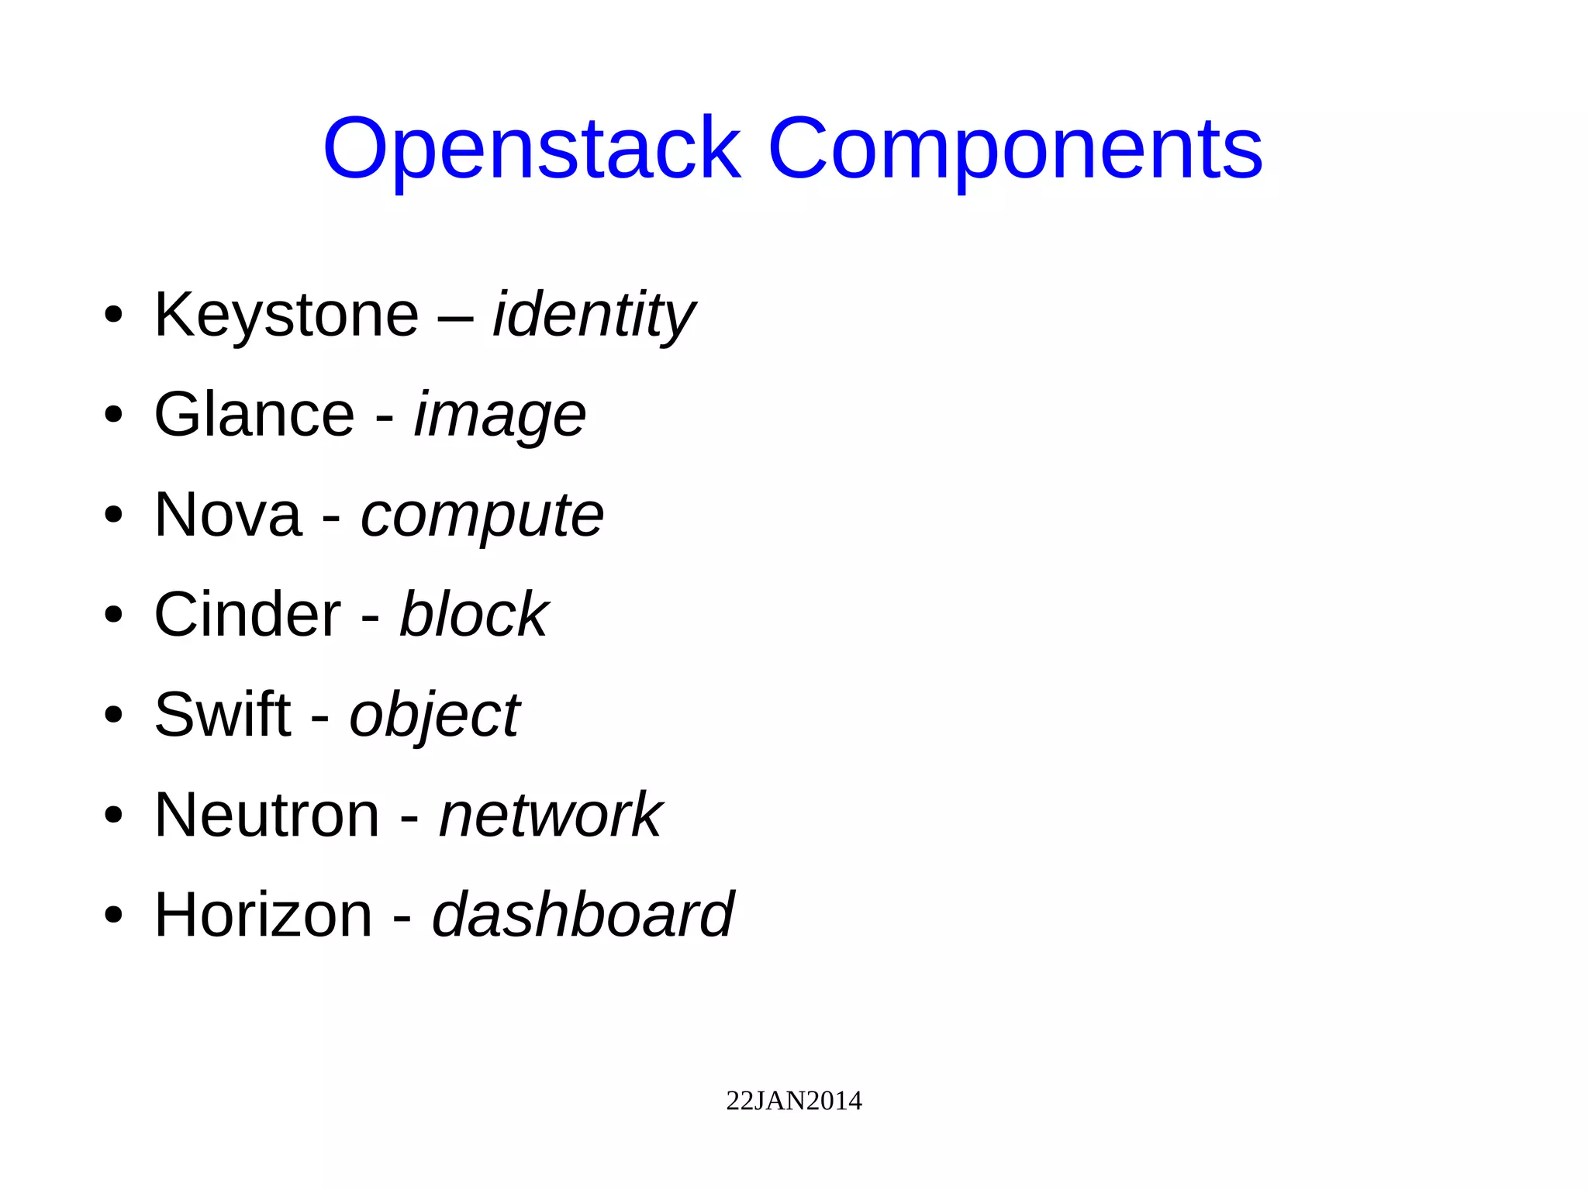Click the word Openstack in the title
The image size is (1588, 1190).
coord(532,149)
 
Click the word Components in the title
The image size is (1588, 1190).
coord(1015,149)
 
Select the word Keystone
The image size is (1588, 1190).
coord(286,315)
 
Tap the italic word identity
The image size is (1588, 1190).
coord(594,315)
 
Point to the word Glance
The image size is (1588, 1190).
coord(254,415)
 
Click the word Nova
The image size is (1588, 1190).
coord(227,515)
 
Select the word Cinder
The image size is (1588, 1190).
coord(247,615)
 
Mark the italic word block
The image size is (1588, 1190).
coord(473,615)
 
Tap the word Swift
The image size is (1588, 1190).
coord(223,715)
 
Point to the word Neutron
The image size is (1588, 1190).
coord(267,816)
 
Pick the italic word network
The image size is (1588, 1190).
coord(551,816)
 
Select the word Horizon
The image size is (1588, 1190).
coord(264,916)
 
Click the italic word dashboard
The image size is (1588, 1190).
coord(582,916)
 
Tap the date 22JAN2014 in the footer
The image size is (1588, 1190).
coord(793,1101)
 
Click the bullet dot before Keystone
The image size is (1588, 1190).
coord(113,316)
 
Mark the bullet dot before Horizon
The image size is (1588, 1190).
coord(113,916)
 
